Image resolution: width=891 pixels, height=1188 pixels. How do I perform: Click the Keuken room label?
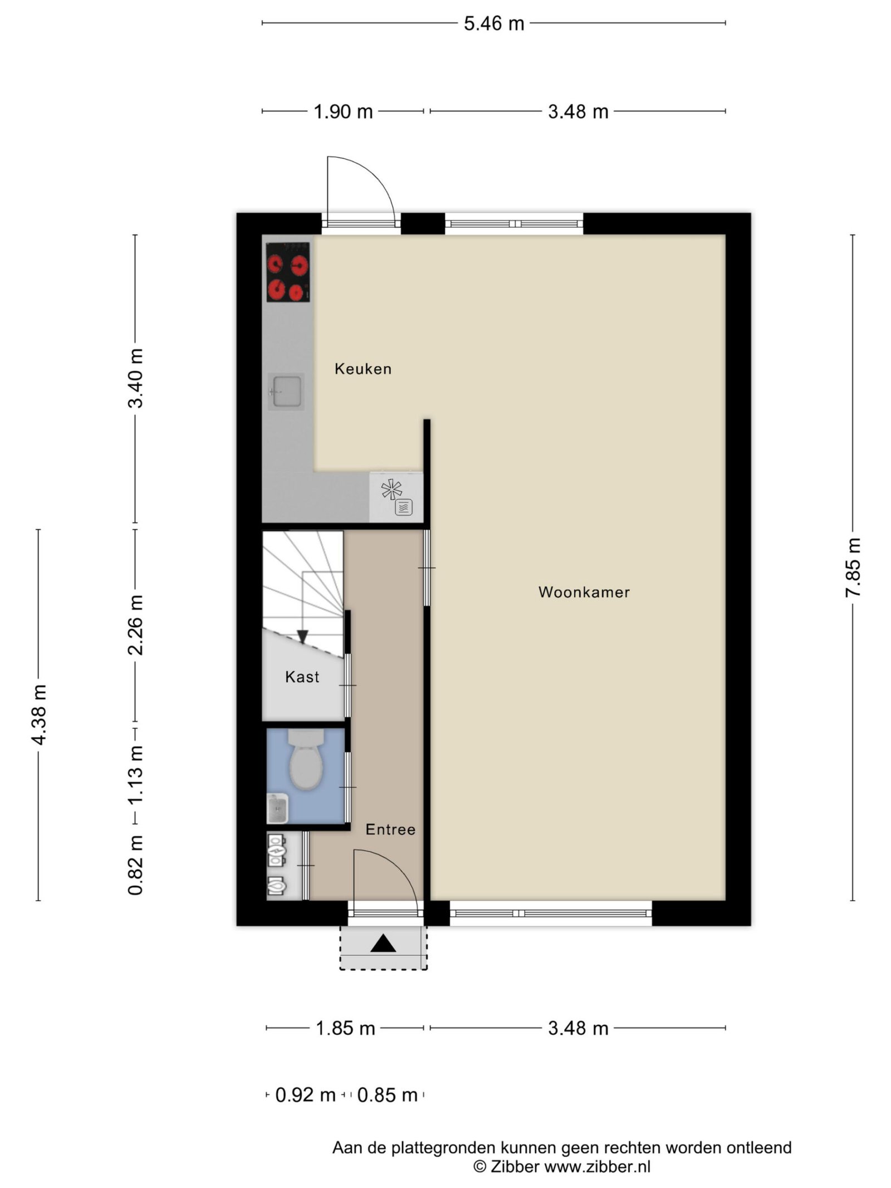pyautogui.click(x=363, y=369)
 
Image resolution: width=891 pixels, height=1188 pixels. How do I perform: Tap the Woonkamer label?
pyautogui.click(x=584, y=592)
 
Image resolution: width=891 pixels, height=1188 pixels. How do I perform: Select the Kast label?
pyautogui.click(x=302, y=677)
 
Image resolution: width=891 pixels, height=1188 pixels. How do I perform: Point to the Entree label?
pyautogui.click(x=390, y=829)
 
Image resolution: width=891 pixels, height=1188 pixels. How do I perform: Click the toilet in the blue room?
pyautogui.click(x=306, y=760)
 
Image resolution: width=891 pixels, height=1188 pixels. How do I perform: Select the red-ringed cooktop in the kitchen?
pyautogui.click(x=288, y=272)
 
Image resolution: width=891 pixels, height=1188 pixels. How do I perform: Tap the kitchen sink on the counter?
pyautogui.click(x=286, y=392)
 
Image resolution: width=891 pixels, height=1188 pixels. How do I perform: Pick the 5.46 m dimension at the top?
pyautogui.click(x=494, y=23)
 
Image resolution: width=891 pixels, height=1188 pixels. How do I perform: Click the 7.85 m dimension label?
pyautogui.click(x=853, y=568)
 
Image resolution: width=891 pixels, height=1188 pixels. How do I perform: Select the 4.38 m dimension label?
pyautogui.click(x=39, y=715)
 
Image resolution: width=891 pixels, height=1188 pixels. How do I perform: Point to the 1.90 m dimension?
pyautogui.click(x=343, y=111)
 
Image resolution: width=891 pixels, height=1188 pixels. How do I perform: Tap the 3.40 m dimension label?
pyautogui.click(x=135, y=378)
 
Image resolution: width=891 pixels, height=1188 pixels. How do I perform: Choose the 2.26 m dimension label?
pyautogui.click(x=135, y=625)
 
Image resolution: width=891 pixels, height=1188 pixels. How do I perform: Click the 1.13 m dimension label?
pyautogui.click(x=135, y=774)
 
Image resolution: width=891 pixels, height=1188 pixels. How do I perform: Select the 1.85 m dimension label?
pyautogui.click(x=345, y=1028)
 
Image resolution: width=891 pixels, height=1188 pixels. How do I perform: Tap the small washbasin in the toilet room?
pyautogui.click(x=277, y=808)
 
